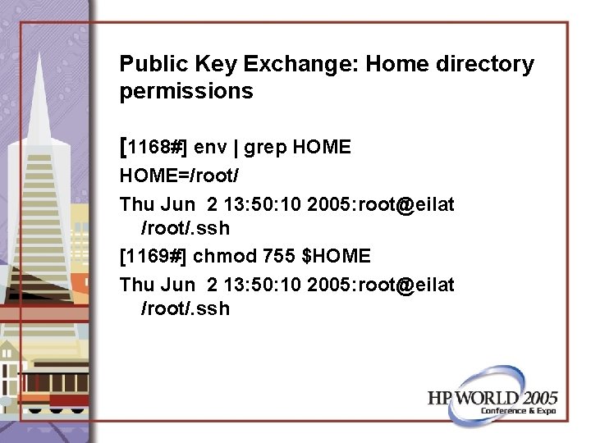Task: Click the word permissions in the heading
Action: [x=186, y=91]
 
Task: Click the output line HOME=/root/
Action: [x=179, y=175]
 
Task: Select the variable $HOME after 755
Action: [x=337, y=256]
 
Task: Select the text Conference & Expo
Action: [x=518, y=410]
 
